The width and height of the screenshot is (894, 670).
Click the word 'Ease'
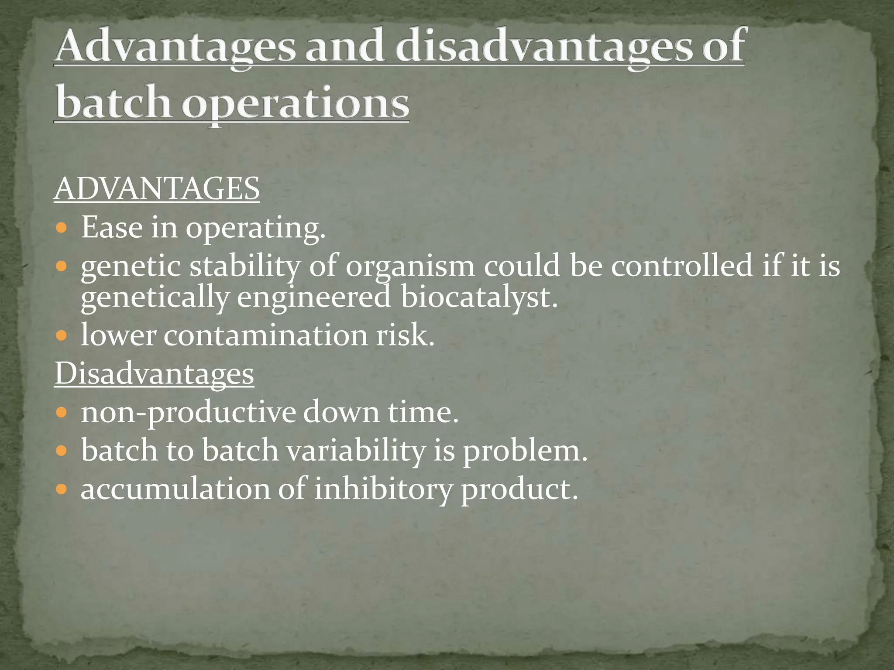click(112, 227)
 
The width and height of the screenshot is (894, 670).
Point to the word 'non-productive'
click(188, 412)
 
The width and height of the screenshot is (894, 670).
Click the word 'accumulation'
click(175, 489)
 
